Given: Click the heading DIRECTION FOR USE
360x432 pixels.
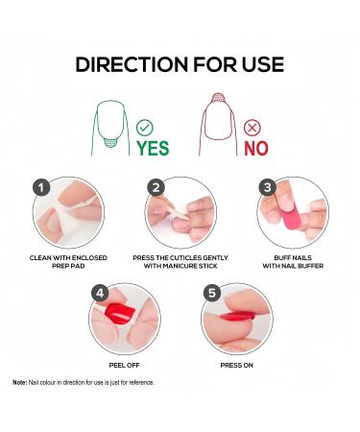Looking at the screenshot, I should [x=180, y=64].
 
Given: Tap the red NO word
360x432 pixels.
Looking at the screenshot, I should [x=255, y=148].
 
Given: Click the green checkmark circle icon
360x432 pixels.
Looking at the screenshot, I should [x=145, y=127].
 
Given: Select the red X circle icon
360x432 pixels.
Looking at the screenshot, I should [x=252, y=127].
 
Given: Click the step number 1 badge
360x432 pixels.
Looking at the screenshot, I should [x=40, y=188].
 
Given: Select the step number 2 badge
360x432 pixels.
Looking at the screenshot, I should [x=155, y=188].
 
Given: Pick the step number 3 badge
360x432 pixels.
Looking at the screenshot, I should [x=268, y=188].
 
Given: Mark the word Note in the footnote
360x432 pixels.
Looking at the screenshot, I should [x=19, y=383].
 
